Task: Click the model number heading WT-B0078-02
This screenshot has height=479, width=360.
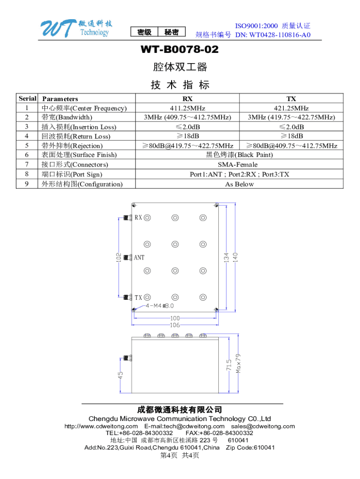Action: point(180,50)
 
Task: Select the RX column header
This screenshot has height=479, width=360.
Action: point(187,99)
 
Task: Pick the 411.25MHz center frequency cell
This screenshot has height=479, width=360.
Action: point(187,108)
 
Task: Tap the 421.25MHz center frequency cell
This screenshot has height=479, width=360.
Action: point(291,108)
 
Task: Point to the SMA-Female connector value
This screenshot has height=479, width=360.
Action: point(238,165)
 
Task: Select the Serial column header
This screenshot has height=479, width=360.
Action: point(27,99)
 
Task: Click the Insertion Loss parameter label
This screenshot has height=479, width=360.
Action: point(79,127)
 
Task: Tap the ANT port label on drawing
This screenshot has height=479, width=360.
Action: point(139,257)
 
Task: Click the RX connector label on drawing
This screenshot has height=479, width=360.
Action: point(139,218)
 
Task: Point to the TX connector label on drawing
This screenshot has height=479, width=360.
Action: point(139,298)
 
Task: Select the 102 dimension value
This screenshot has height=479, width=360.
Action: point(119,257)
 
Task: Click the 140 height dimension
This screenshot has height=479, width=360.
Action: point(236,257)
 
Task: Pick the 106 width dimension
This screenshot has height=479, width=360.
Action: point(175,325)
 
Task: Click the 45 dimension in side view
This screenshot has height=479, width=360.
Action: point(120,376)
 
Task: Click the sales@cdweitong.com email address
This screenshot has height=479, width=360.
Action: point(263,426)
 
